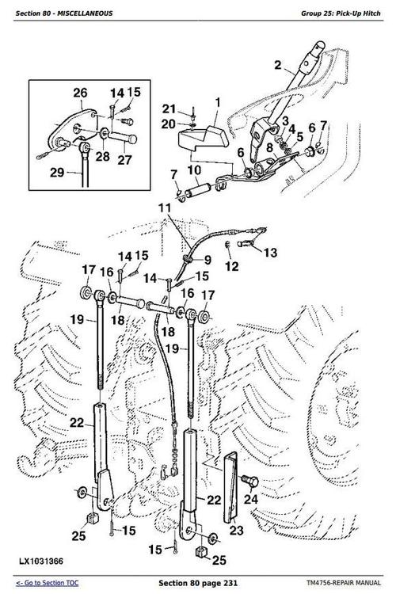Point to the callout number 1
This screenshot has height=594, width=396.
point(218,102)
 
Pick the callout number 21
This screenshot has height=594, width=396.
point(168,109)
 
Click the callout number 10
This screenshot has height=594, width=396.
point(194,169)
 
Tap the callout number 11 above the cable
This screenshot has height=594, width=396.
point(163,208)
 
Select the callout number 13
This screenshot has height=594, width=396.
point(270,253)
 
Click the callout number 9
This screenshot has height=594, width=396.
point(208,259)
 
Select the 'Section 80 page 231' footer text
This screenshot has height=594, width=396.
point(198,583)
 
